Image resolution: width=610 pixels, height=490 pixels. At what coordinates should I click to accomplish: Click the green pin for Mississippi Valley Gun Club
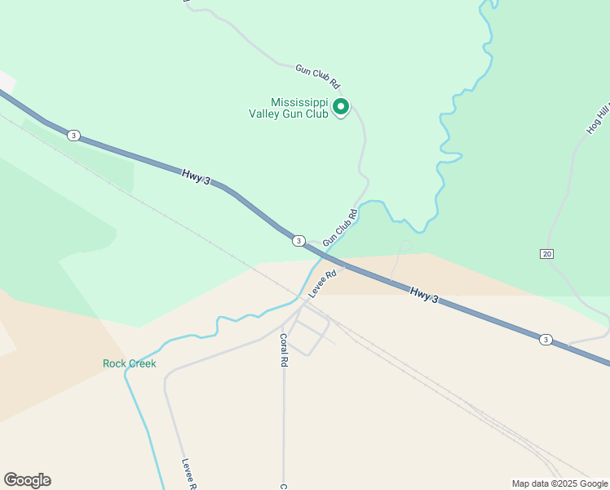point(342,107)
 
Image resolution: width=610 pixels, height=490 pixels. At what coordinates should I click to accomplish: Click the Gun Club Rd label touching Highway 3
point(340,228)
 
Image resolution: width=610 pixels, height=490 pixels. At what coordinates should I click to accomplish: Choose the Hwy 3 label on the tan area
point(424,295)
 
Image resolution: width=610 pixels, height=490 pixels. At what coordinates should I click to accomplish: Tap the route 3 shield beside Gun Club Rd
point(299,240)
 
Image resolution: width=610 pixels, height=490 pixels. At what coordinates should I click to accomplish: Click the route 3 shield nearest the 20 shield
point(545,339)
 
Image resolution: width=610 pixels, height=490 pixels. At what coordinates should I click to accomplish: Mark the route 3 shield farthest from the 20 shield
point(73,135)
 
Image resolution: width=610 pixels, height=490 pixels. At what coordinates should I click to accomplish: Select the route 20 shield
point(546,254)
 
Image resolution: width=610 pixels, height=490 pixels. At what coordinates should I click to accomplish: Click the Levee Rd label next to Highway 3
point(323,283)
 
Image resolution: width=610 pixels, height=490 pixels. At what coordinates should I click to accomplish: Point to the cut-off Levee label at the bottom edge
point(188,473)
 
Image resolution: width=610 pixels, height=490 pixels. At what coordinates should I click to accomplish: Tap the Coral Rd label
point(284,350)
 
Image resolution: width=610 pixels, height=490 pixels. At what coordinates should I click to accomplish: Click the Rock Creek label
point(129,363)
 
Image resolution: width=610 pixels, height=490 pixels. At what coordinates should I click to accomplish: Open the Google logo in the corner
point(27,480)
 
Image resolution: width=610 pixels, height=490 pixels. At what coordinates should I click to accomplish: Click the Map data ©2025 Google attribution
point(560,483)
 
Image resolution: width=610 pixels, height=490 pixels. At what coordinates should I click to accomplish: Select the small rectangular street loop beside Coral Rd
point(309,336)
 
